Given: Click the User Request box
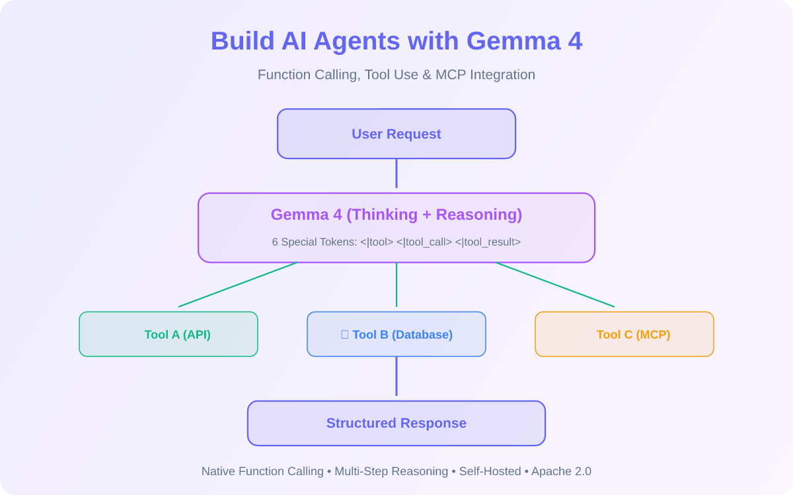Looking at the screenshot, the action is (x=397, y=133).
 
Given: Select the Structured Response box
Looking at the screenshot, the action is (x=397, y=423).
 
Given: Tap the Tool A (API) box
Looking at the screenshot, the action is (x=169, y=334).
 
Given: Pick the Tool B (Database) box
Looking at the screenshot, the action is (x=397, y=334).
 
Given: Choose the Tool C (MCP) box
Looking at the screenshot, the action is (x=624, y=334).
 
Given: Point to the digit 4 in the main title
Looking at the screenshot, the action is (x=576, y=41).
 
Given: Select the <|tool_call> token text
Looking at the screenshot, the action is (x=424, y=242).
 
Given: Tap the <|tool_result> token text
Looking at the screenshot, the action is (x=488, y=242).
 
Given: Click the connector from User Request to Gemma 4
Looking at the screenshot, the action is (x=397, y=173).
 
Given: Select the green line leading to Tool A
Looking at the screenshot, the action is (x=238, y=284).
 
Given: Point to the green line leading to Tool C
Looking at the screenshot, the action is (x=555, y=284).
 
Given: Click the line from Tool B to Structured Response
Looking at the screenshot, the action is (x=397, y=376).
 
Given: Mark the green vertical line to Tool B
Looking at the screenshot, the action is (x=397, y=284).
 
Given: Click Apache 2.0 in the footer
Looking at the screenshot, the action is (x=561, y=471).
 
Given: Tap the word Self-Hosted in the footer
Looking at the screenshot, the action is (x=490, y=471).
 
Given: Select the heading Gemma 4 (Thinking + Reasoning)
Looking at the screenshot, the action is (x=397, y=214).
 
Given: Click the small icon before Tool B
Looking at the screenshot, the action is (x=344, y=335).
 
